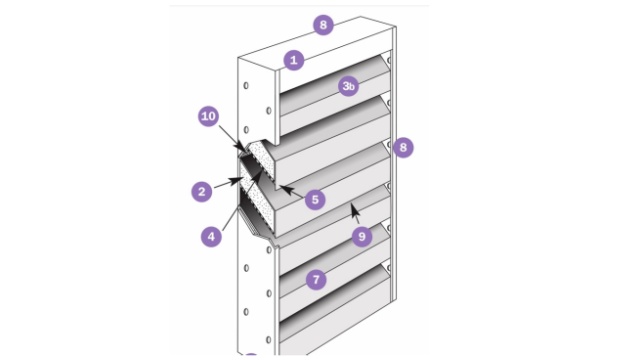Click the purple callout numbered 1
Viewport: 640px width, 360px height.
tap(293, 60)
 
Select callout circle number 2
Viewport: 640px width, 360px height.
tap(202, 191)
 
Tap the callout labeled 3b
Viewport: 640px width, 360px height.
tap(348, 86)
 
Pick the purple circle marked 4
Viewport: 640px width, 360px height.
tap(211, 236)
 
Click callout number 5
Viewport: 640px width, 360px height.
tap(315, 200)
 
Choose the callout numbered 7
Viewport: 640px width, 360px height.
tap(316, 280)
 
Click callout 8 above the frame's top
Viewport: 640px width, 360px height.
tap(323, 25)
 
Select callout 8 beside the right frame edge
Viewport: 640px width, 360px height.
tap(403, 147)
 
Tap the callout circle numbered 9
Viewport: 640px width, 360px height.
tap(362, 236)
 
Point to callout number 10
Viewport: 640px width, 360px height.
tap(208, 116)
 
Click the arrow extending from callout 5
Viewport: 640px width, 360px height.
tap(291, 191)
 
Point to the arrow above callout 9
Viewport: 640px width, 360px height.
tap(355, 214)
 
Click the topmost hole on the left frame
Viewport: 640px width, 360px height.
tap(246, 86)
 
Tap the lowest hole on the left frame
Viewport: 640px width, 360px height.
tap(269, 340)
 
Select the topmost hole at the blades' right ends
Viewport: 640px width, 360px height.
tap(389, 60)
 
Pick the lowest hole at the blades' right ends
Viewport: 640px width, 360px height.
tap(389, 268)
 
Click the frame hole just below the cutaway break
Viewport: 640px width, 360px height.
tap(269, 250)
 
